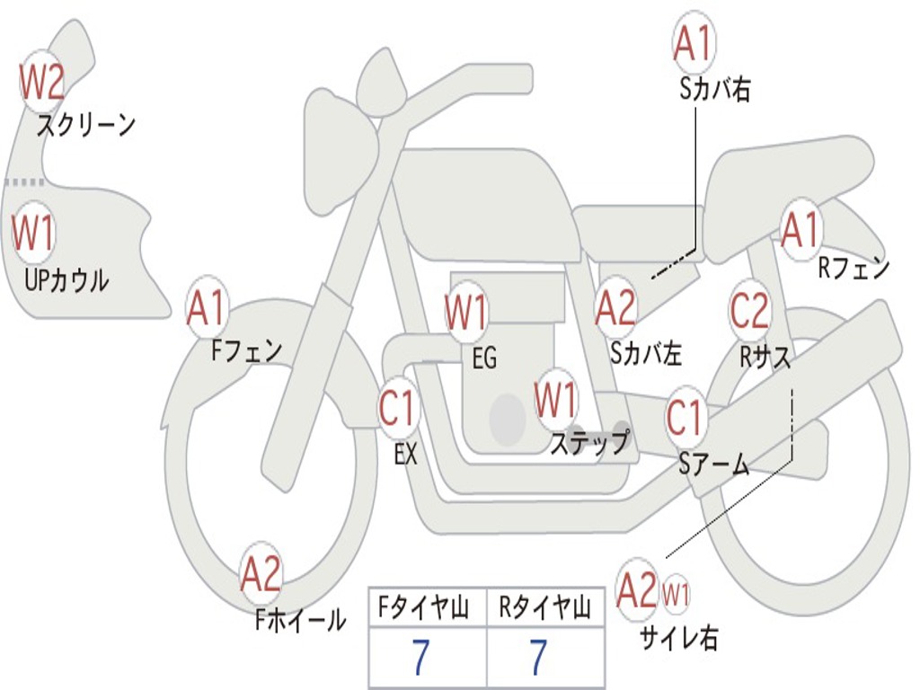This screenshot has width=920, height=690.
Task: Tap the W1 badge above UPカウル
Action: [33, 234]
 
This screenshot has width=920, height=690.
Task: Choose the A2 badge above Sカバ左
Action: [616, 308]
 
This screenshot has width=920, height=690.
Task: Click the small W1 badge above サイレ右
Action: [676, 593]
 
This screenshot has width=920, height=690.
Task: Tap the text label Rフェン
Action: [853, 268]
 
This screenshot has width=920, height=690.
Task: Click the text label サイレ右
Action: [678, 637]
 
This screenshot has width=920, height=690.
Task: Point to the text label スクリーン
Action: [86, 125]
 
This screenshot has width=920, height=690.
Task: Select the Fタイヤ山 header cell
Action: [427, 609]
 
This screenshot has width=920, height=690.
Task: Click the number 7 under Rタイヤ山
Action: [538, 659]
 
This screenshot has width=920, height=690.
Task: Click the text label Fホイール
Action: [300, 619]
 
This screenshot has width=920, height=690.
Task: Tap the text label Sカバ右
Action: [715, 90]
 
